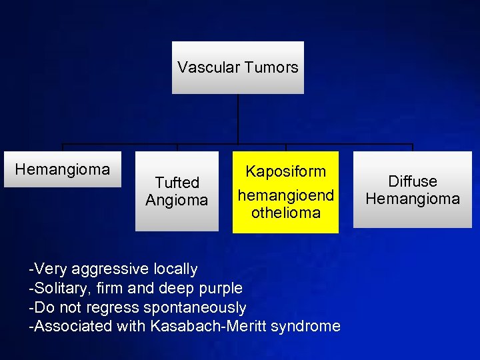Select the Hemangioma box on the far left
pyautogui.click(x=63, y=169)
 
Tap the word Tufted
pyautogui.click(x=177, y=183)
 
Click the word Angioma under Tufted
pyautogui.click(x=177, y=200)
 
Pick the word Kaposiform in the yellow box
pyautogui.click(x=285, y=171)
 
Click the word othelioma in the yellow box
pyautogui.click(x=285, y=213)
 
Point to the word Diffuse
pyautogui.click(x=413, y=181)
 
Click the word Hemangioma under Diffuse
pyautogui.click(x=413, y=199)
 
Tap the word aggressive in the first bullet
pyautogui.click(x=111, y=269)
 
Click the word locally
pyautogui.click(x=175, y=269)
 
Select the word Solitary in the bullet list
pyautogui.click(x=59, y=289)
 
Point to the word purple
pyautogui.click(x=221, y=289)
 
